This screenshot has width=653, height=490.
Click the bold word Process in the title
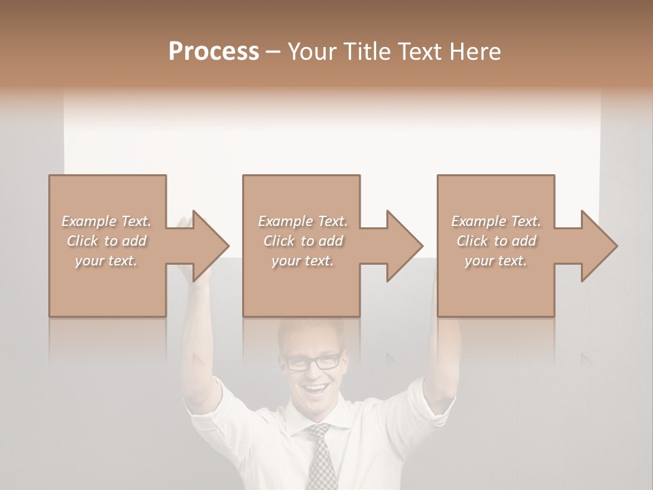point(214,52)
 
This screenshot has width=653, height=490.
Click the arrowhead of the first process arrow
point(210,246)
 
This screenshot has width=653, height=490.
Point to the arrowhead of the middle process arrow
point(404,246)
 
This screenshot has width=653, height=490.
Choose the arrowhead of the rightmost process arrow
point(599,246)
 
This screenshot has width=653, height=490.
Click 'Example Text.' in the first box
point(107,221)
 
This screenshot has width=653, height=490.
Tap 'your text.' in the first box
point(107,261)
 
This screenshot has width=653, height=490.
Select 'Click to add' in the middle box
point(303,241)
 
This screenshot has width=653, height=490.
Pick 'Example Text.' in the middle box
point(303,221)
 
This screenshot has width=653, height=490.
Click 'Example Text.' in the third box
point(496,221)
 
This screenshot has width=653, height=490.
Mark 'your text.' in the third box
point(496,261)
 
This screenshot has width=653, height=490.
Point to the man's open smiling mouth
point(316,391)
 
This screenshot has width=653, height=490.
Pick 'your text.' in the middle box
point(303,261)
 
